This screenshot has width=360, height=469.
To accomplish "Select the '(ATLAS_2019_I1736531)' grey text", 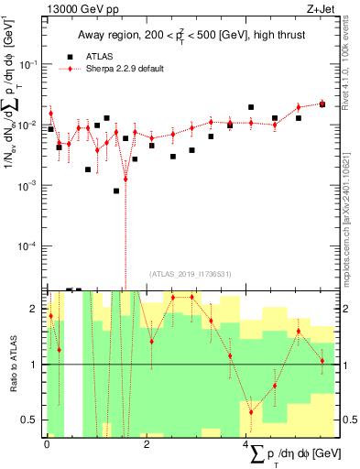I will (191, 272).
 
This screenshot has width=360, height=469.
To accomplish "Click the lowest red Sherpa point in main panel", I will (125, 179).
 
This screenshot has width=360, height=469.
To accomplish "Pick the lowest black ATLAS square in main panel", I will (116, 191).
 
